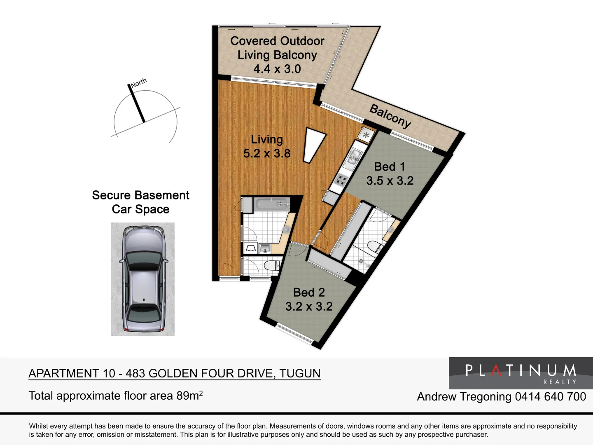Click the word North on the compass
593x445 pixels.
pos(139,82)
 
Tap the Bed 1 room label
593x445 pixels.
pos(390,166)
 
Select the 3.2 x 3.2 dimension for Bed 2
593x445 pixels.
pos(309,306)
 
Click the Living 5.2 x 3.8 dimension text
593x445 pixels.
pos(267,153)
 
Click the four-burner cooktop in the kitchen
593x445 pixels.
pos(341,180)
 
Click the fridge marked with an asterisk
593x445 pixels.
pos(366,134)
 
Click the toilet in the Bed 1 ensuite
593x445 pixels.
pos(374,247)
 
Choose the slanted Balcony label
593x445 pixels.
pos(390,116)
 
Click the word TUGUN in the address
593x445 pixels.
pos(300,373)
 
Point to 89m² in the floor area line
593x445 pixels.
pos(189,396)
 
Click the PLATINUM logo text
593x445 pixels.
pos(521,370)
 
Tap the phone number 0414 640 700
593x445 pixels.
pos(550,396)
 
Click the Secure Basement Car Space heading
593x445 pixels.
pos(140,202)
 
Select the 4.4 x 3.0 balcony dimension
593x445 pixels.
pos(277,69)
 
